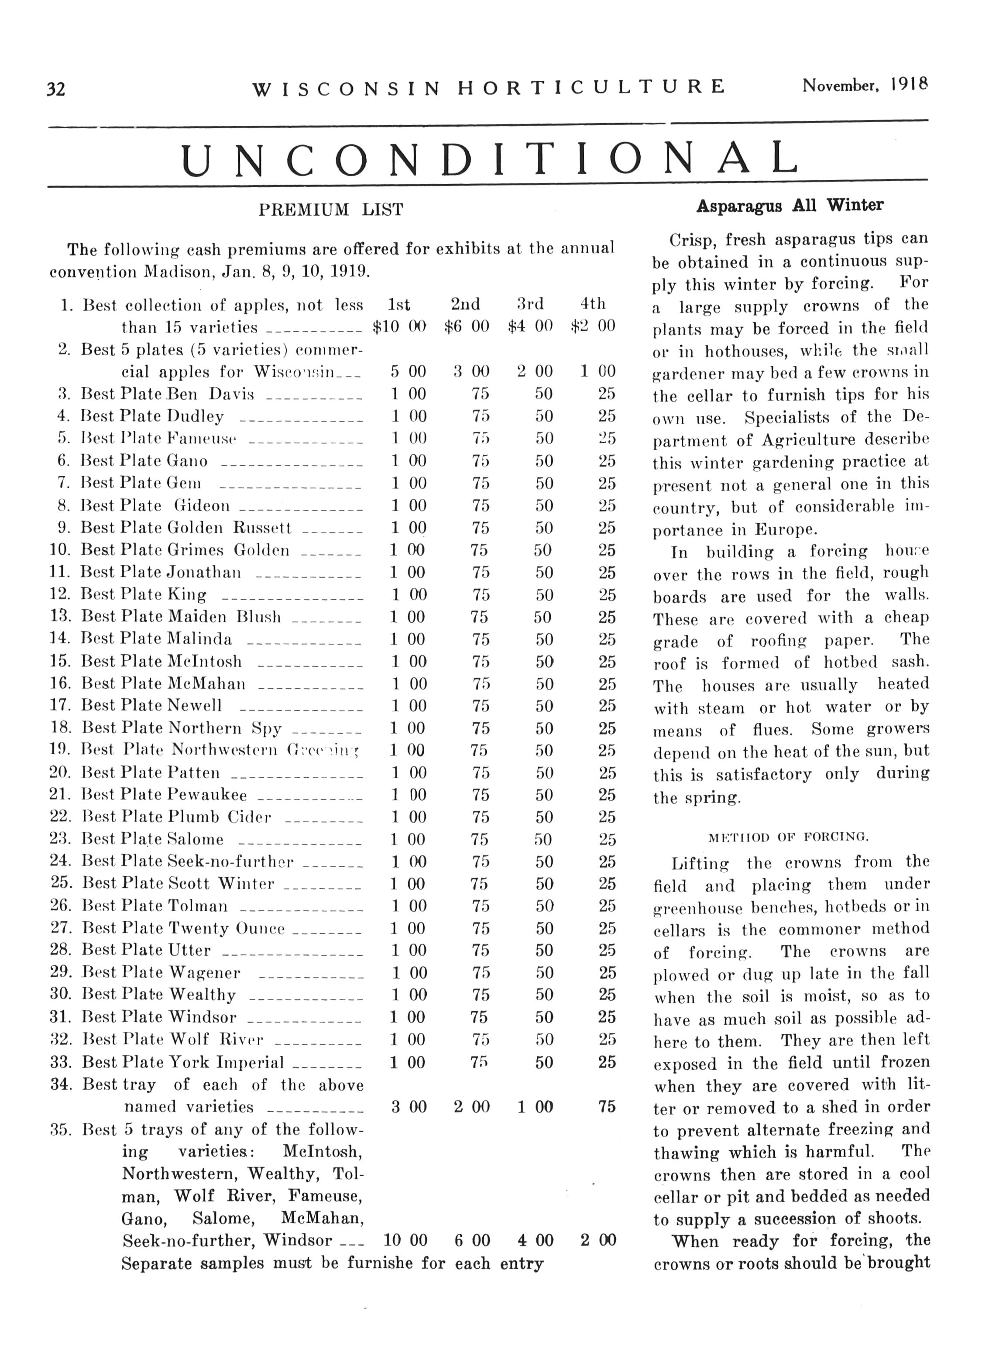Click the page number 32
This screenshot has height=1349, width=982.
[x=56, y=89]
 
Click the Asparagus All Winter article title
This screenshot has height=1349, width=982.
[x=789, y=206]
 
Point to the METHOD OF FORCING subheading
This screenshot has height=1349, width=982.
[x=789, y=838]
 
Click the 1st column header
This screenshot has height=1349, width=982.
[x=398, y=305]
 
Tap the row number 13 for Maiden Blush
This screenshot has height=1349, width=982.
[x=60, y=616]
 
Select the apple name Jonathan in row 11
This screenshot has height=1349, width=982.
[x=204, y=572]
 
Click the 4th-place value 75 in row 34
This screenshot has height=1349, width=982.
[x=606, y=1107]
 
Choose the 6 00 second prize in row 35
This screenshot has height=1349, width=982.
[x=472, y=1241]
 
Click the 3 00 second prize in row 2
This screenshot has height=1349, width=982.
[x=471, y=372]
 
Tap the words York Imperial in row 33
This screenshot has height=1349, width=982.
[x=226, y=1062]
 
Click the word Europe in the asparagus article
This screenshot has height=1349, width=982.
[x=785, y=530]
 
